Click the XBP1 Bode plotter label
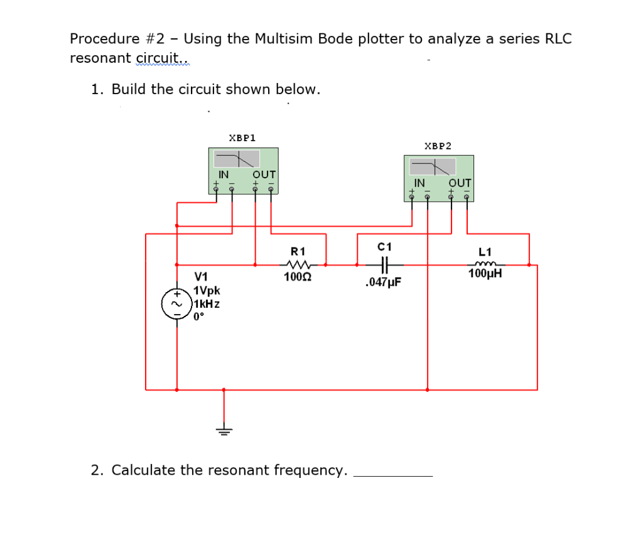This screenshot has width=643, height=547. [x=242, y=137]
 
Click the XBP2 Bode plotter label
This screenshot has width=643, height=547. [x=438, y=146]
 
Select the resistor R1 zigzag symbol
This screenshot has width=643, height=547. [x=294, y=264]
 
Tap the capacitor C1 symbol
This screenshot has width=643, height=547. [x=386, y=264]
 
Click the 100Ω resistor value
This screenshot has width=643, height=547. [x=294, y=276]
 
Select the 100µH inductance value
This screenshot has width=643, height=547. [x=485, y=274]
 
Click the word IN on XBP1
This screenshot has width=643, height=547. [x=223, y=174]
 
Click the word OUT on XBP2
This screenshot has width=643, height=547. [x=460, y=183]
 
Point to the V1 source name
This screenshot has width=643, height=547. [x=202, y=276]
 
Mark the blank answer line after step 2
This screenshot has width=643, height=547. [x=393, y=476]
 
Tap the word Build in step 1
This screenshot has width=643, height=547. [x=130, y=89]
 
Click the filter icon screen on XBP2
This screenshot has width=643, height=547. [x=433, y=167]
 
